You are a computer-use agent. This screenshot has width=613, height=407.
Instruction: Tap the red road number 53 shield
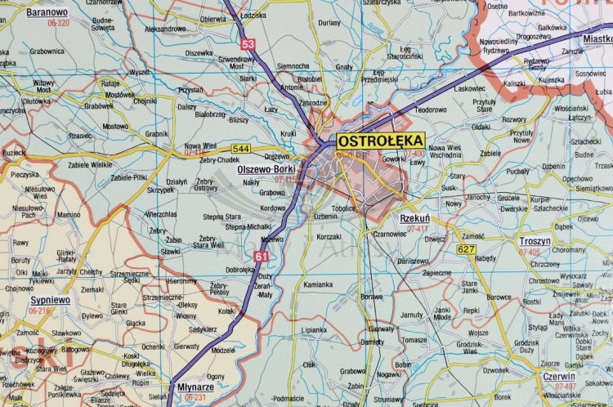[248, 43]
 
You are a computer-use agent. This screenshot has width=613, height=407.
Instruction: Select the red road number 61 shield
[261, 257]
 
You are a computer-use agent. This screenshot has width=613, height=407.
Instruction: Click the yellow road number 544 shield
[240, 149]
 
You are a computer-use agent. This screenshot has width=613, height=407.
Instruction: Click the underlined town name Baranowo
[47, 12]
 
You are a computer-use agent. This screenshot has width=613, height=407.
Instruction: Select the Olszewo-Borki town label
[266, 169]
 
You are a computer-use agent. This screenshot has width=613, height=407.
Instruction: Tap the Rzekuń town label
[415, 219]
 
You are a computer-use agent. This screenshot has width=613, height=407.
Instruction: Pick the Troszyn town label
[535, 242]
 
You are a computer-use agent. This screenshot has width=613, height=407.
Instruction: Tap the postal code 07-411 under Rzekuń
[417, 229]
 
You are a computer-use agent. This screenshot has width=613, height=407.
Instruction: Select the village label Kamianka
[318, 285]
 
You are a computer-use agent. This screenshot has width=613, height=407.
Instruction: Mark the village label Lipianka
[314, 330]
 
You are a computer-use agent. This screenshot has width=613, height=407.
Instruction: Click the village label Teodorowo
[431, 110]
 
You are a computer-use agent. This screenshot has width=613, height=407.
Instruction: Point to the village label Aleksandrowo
[166, 29]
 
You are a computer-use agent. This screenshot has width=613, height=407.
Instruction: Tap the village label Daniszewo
[413, 261]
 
